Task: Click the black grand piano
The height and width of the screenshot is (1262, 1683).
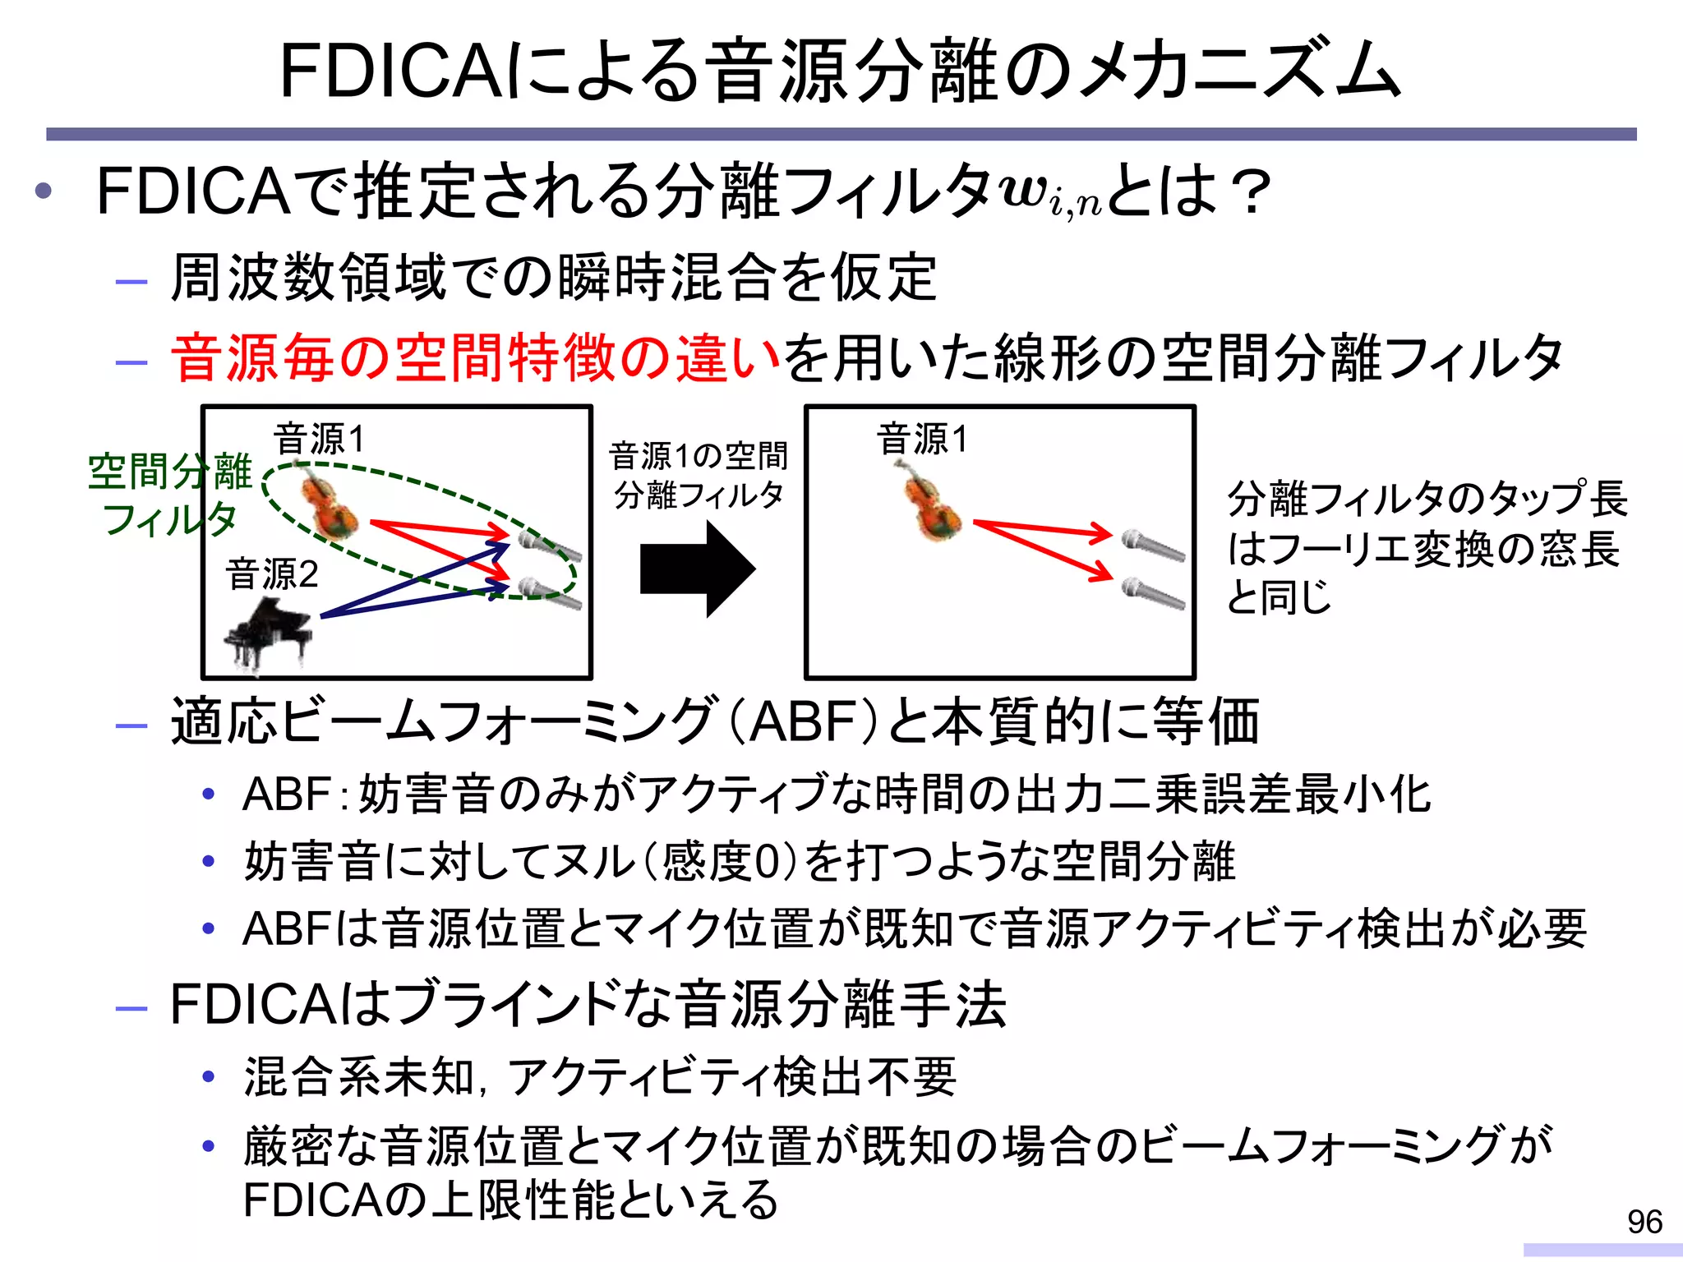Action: [x=268, y=633]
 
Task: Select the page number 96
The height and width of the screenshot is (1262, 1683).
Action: [x=1644, y=1223]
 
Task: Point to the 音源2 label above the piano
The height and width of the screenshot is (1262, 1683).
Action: [x=272, y=574]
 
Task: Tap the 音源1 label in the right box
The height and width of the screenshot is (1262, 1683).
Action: [x=922, y=440]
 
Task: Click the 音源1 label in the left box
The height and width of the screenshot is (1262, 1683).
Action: [x=319, y=440]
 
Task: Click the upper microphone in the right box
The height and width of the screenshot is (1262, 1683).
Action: [x=1154, y=545]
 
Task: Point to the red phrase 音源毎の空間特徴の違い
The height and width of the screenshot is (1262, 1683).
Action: [x=475, y=359]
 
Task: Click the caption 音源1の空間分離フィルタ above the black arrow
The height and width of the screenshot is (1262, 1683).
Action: [x=699, y=475]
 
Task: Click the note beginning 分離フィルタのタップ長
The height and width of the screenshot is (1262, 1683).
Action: [x=1426, y=548]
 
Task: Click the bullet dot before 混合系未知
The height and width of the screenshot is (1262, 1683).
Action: [x=209, y=1076]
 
